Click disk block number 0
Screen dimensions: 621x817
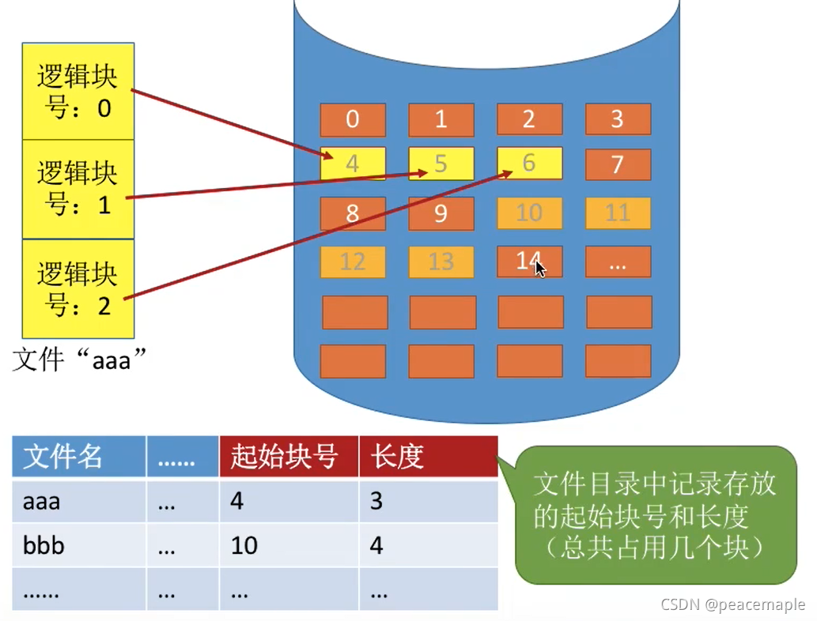tap(353, 119)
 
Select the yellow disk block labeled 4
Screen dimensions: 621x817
tap(353, 164)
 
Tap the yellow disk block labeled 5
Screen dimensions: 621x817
tap(441, 164)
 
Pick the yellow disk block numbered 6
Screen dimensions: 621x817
tap(530, 164)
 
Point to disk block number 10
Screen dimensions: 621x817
tap(530, 213)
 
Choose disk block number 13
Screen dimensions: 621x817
tap(441, 262)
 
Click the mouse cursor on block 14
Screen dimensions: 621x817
tap(539, 268)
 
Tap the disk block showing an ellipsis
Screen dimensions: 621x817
tap(618, 262)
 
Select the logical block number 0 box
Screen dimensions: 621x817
tap(78, 92)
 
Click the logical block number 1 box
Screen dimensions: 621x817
tap(78, 189)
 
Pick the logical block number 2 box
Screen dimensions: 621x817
tap(78, 288)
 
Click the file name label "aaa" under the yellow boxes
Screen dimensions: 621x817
tap(81, 360)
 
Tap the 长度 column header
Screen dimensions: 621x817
tap(427, 457)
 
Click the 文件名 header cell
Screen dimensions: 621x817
tap(78, 457)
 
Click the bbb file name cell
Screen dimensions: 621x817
tap(78, 545)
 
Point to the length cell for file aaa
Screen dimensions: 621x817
tap(427, 501)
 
